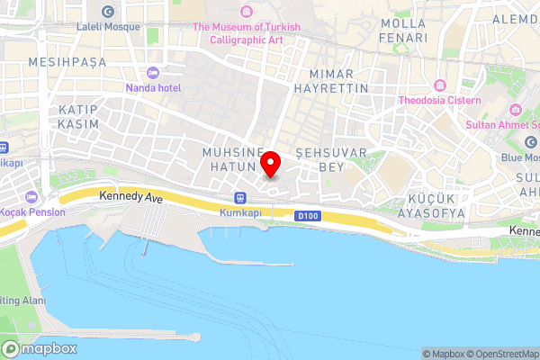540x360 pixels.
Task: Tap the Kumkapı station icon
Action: (239, 198)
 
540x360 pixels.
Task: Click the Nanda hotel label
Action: (154, 87)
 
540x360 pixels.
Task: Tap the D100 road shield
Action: (308, 216)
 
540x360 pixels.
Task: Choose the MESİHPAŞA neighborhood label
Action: (67, 62)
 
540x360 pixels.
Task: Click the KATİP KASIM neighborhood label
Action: (77, 115)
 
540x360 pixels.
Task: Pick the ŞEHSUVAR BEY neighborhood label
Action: (331, 160)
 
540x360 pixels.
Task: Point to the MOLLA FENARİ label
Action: (404, 31)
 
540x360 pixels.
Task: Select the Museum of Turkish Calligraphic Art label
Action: (247, 33)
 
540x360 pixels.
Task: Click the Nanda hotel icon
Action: (152, 72)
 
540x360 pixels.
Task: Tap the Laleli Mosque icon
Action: (109, 12)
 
